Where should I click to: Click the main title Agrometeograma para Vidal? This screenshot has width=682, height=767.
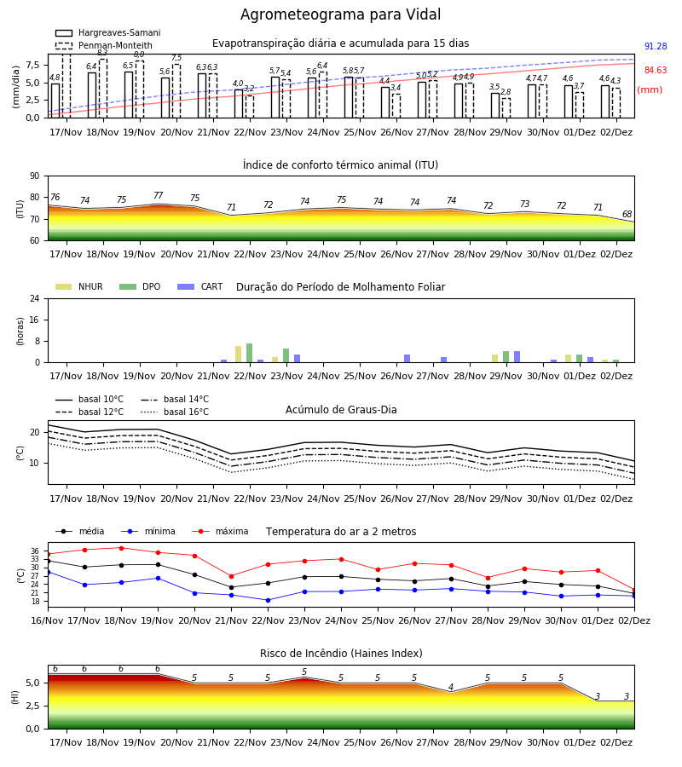[340, 14]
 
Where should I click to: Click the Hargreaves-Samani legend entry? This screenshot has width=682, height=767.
[108, 32]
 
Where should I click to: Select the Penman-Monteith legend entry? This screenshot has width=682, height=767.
[104, 45]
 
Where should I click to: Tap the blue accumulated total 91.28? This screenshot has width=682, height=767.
[656, 47]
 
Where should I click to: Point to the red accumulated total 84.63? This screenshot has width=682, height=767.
[656, 71]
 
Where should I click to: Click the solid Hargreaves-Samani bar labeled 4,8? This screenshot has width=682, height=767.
[55, 101]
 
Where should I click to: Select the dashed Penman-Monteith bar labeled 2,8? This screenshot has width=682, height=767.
[506, 108]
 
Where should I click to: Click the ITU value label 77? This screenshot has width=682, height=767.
[158, 195]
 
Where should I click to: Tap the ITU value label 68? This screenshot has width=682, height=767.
[627, 214]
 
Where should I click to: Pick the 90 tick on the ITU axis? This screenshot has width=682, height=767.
[35, 176]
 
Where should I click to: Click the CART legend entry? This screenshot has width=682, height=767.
[200, 286]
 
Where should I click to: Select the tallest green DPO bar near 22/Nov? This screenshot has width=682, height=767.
[250, 353]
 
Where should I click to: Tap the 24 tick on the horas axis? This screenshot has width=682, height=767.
[35, 298]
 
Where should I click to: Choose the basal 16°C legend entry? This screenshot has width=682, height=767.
[175, 412]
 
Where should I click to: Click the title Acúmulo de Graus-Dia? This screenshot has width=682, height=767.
[341, 410]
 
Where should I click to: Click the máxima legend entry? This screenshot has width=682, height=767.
[221, 531]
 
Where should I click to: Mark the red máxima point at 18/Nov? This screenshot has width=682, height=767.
[121, 548]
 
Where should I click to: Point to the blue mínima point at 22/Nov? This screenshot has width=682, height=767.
[268, 600]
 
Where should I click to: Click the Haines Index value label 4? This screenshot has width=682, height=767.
[451, 687]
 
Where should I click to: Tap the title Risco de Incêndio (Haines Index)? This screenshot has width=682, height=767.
[341, 654]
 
